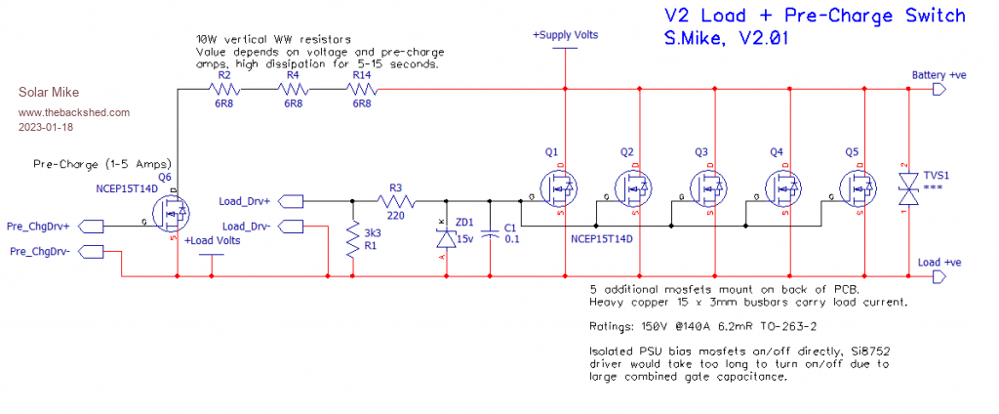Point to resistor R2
click(x=224, y=90)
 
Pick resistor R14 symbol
click(x=362, y=90)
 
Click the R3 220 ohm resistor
click(x=396, y=201)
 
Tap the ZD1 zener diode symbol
click(x=446, y=237)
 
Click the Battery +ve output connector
click(x=939, y=90)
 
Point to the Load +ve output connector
click(x=939, y=277)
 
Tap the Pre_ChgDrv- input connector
click(x=94, y=252)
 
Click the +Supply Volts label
click(x=565, y=35)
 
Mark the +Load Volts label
click(x=212, y=240)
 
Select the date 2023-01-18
click(x=46, y=126)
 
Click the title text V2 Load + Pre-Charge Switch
click(x=814, y=16)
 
